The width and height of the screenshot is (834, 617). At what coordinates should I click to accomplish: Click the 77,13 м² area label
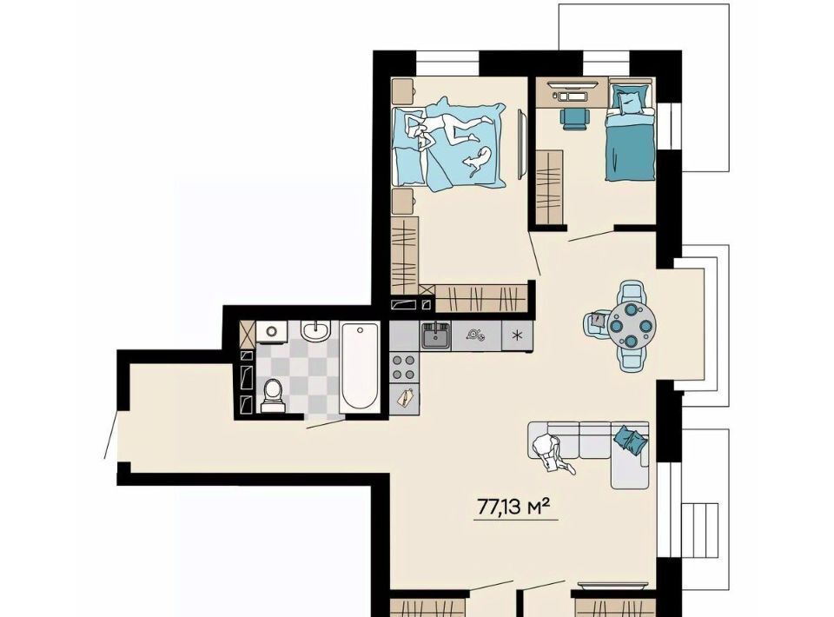point(513,507)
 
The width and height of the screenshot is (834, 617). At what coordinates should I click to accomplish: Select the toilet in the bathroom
point(274,396)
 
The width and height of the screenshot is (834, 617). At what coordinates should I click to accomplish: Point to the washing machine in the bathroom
point(271,332)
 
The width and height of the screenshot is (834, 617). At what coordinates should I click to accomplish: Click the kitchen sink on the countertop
point(436,335)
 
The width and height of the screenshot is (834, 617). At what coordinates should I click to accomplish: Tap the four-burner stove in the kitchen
point(404,367)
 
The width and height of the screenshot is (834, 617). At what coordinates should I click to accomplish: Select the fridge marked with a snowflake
point(516,335)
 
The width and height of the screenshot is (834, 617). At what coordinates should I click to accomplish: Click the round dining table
point(632,325)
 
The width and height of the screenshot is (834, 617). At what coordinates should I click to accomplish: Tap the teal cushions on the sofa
point(632,440)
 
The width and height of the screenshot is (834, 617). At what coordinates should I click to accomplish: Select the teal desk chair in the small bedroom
point(575,118)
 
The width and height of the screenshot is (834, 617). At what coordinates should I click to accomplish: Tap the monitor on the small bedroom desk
point(573,83)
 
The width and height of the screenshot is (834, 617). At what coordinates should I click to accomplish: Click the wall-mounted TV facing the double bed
point(523,144)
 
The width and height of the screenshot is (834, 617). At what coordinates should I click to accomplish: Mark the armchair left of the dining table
point(598,324)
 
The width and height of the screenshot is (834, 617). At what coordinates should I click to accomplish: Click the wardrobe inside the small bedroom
point(549,187)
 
